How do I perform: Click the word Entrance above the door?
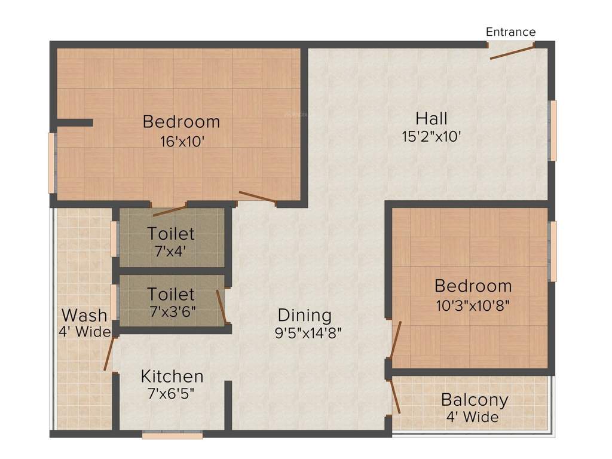click(510, 32)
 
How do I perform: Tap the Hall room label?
click(432, 118)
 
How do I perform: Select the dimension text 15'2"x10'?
click(431, 136)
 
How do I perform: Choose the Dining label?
click(304, 315)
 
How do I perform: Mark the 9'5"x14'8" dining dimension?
click(308, 333)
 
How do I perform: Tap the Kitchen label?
click(172, 377)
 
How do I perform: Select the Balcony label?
click(475, 399)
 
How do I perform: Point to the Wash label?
click(85, 315)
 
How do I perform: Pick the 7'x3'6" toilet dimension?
click(172, 311)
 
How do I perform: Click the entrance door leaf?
click(512, 52)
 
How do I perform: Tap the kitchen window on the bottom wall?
click(172, 436)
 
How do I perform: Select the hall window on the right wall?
click(553, 130)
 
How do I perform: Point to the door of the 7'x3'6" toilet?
click(221, 306)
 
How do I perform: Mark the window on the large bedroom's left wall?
click(51, 163)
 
